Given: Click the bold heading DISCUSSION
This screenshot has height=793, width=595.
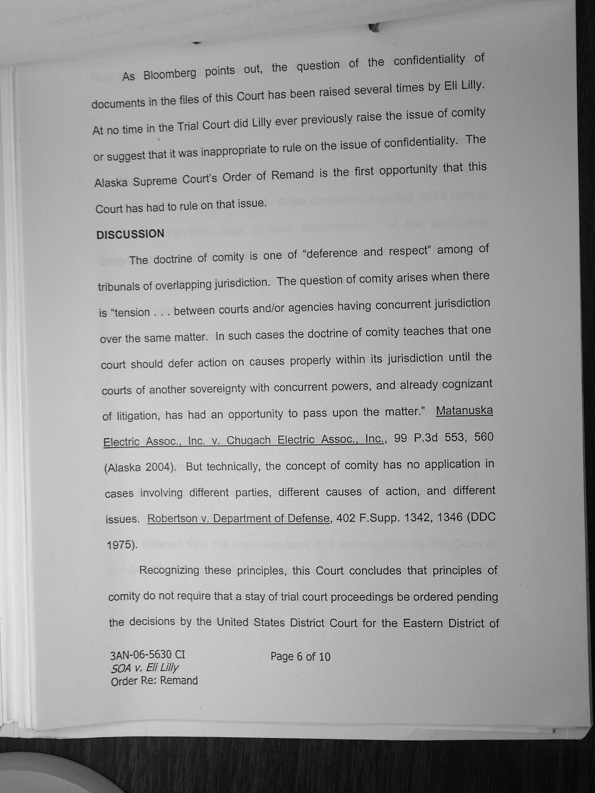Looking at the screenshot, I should click(x=130, y=234).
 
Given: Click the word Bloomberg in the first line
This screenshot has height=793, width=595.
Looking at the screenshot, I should click(x=169, y=74).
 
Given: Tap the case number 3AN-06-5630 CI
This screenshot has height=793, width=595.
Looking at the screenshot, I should click(x=147, y=655).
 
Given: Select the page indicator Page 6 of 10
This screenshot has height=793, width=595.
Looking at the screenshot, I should click(x=300, y=656).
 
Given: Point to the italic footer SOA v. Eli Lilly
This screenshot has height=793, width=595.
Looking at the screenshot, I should click(x=145, y=668).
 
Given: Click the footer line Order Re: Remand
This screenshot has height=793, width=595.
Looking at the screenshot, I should click(x=154, y=681).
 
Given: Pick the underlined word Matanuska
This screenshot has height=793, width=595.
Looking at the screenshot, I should click(x=464, y=411).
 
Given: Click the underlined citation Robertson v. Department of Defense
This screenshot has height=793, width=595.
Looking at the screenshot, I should click(x=238, y=518).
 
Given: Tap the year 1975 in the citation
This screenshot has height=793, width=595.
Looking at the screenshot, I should click(x=121, y=545).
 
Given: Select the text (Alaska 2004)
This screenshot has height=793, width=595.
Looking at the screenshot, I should click(x=140, y=467).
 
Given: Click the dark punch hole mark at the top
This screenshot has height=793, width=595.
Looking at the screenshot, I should click(x=375, y=27).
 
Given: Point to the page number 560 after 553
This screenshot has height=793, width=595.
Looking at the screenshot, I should click(x=484, y=437).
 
